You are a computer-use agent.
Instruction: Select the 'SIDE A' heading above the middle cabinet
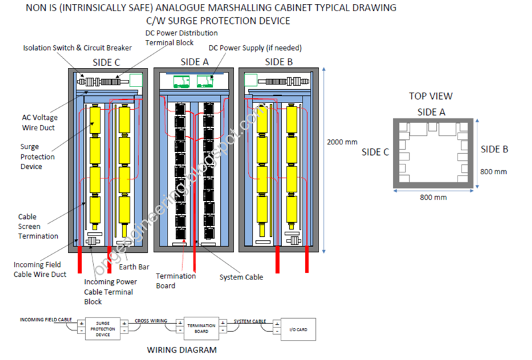click(x=194, y=62)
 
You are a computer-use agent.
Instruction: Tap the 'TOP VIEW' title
click(x=430, y=96)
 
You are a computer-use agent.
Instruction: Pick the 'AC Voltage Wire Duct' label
click(x=40, y=122)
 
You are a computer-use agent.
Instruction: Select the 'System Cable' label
click(x=241, y=277)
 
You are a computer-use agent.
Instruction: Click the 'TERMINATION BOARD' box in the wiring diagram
click(x=201, y=327)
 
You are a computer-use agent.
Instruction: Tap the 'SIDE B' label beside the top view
click(x=495, y=149)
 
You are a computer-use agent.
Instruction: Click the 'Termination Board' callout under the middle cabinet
click(x=176, y=280)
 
